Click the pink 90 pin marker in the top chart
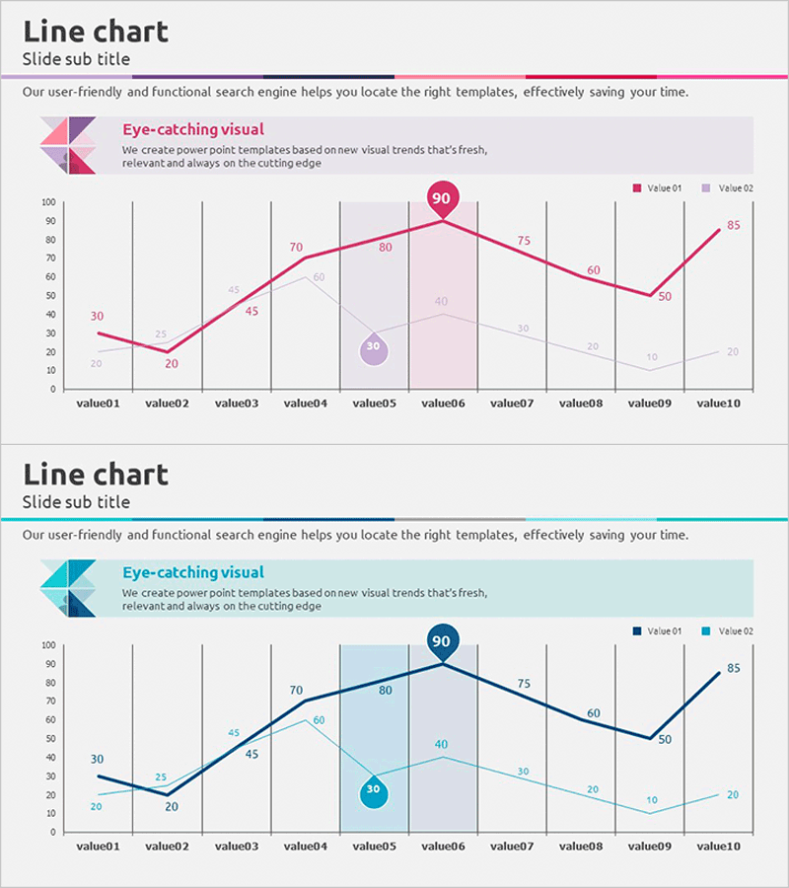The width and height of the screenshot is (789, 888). [x=441, y=198]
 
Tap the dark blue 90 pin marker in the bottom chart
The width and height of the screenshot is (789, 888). [x=441, y=641]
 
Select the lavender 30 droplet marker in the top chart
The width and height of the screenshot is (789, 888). [x=373, y=348]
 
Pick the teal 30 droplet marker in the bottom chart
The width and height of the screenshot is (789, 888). [x=373, y=791]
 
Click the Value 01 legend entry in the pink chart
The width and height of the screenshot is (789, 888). [x=657, y=187]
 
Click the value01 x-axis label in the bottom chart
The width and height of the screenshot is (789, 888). [x=98, y=846]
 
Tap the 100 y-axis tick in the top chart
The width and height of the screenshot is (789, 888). [x=47, y=202]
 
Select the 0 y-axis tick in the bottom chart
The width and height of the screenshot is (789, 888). [x=52, y=832]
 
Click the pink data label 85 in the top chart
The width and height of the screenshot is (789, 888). [x=733, y=225]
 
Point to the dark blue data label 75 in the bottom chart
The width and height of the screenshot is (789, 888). [x=524, y=684]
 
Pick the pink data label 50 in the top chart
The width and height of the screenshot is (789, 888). [x=664, y=296]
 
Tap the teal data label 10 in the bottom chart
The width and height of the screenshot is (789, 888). [x=651, y=800]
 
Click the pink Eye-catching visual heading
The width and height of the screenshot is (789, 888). [x=192, y=128]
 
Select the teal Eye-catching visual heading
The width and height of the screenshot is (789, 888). [x=192, y=572]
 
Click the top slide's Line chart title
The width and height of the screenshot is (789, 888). [x=96, y=32]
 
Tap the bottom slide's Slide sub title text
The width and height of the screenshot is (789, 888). [x=76, y=502]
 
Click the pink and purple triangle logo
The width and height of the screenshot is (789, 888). [x=68, y=145]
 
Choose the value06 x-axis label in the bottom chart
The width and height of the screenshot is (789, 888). [x=442, y=846]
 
